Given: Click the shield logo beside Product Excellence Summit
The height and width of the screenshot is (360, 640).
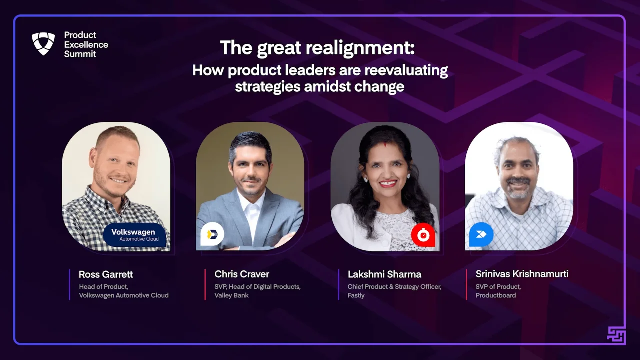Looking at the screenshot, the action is click(x=43, y=43).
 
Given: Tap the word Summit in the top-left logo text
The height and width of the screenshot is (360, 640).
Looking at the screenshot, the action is click(x=80, y=54).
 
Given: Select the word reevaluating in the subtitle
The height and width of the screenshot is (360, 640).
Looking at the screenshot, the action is click(x=406, y=71).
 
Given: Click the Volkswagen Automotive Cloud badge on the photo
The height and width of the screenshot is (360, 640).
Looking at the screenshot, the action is click(x=135, y=235).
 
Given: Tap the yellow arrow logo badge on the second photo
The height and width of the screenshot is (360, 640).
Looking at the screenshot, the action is click(x=212, y=234).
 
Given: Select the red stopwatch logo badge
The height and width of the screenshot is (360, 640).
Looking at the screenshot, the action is click(x=423, y=235).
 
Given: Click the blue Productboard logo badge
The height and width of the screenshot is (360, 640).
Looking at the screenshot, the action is click(x=481, y=235).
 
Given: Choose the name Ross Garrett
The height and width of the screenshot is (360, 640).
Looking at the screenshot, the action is click(x=106, y=274).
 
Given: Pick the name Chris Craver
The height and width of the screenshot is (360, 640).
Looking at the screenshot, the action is click(x=242, y=274).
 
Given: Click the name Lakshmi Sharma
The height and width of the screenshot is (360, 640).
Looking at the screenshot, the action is click(x=384, y=274).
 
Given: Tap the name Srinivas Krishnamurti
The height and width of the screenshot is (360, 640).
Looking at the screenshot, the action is click(x=522, y=274).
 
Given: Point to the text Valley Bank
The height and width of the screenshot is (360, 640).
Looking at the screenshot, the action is click(x=231, y=295).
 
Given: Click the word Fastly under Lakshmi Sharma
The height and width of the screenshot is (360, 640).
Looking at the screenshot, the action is click(x=356, y=295).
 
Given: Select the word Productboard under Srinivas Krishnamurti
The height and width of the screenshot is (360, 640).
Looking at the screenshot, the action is click(x=496, y=295).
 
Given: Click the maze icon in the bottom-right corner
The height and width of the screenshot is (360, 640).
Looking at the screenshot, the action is click(x=616, y=335).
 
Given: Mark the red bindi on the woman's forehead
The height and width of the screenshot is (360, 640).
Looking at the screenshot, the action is click(x=385, y=145).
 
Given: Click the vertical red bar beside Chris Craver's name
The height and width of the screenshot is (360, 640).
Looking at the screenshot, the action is click(x=205, y=284).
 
